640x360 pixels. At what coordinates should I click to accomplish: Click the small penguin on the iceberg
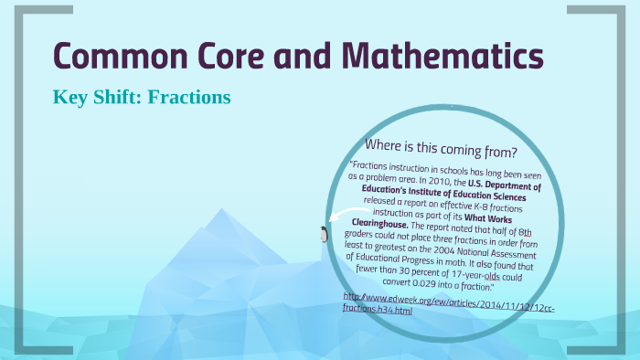click(323, 234)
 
